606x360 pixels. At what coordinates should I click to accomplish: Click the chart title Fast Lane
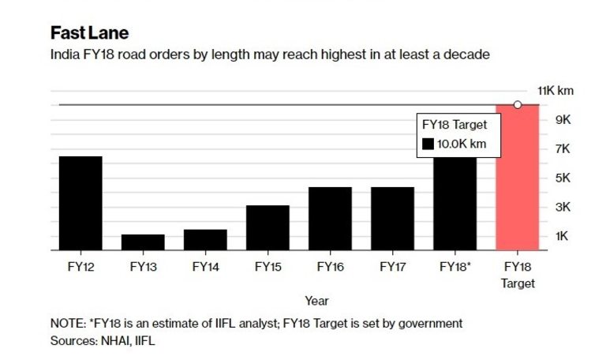[89, 33]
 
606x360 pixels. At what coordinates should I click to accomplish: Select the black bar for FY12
[80, 203]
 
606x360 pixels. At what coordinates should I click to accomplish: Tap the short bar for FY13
[143, 242]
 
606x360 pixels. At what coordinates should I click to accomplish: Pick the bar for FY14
[205, 239]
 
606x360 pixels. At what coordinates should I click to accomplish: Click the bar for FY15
[267, 227]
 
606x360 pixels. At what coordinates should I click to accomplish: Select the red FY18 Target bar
[517, 178]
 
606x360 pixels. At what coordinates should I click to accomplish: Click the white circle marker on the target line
[518, 105]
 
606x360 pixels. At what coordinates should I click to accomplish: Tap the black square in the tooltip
[428, 144]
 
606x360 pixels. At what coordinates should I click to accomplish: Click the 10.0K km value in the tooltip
[462, 144]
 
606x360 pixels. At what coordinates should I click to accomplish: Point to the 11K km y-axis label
[555, 91]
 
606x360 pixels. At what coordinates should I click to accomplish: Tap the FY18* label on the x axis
[455, 267]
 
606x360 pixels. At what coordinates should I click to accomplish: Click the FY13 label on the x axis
[143, 267]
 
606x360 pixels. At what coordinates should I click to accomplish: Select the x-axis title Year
[316, 301]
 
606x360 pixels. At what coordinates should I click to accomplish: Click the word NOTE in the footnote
[66, 324]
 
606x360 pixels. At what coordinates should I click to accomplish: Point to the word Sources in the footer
[72, 341]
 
